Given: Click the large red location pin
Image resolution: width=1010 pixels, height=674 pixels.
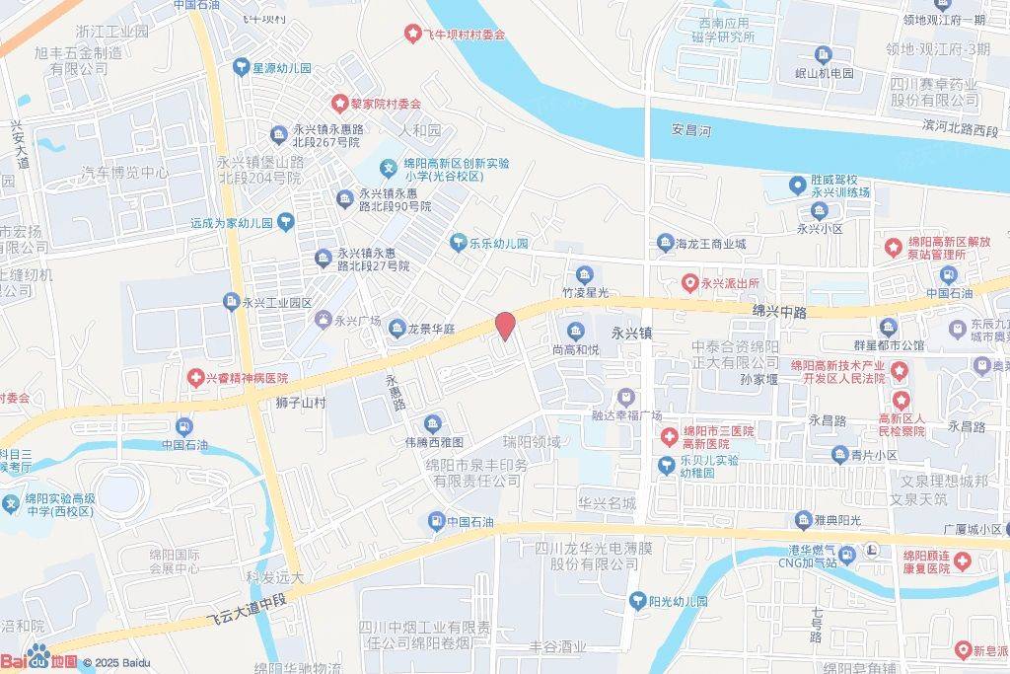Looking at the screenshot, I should (x=504, y=326).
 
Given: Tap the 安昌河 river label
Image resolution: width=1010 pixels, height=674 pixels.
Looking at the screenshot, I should (x=690, y=129).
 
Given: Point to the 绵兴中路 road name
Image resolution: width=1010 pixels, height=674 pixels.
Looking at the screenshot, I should (x=779, y=311).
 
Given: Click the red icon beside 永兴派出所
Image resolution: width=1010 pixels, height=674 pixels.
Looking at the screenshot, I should (x=690, y=283).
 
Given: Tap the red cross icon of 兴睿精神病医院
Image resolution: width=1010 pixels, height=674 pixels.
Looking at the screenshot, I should (x=196, y=378).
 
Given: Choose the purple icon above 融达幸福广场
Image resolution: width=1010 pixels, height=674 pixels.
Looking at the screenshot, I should (x=625, y=396).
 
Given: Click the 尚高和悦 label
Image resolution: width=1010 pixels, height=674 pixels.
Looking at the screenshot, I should (x=575, y=348).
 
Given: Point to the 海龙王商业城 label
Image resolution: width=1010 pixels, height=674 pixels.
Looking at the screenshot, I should (x=710, y=243).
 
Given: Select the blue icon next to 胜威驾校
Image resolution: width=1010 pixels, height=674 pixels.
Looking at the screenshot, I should (x=797, y=185).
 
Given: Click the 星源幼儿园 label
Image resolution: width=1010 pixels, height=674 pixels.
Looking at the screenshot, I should (x=282, y=68).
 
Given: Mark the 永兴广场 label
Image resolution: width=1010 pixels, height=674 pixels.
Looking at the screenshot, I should (x=357, y=320).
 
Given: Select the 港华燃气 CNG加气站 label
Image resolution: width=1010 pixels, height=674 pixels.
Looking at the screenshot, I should (x=798, y=556).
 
